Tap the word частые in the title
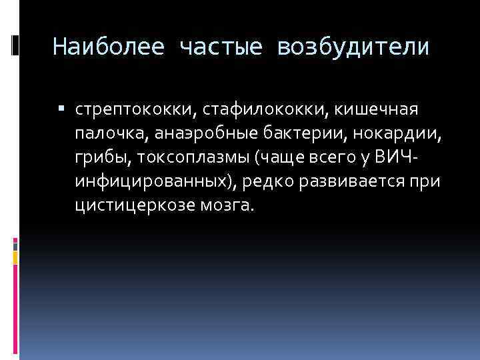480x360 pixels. point(220,48)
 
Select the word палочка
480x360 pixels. point(109,133)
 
